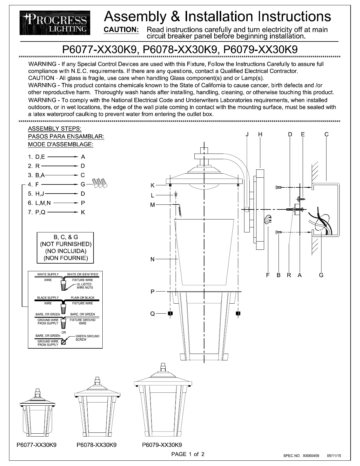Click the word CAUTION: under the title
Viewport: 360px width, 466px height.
(x=121, y=30)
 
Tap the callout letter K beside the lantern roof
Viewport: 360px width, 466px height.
(x=152, y=185)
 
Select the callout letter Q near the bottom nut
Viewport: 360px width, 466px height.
(x=152, y=314)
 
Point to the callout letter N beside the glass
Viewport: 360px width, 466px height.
(x=152, y=259)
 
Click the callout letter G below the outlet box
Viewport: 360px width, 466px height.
(x=321, y=275)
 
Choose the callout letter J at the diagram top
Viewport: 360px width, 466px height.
(x=247, y=134)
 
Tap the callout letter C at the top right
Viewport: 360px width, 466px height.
(x=326, y=134)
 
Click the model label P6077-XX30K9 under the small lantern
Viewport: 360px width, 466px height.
(x=36, y=445)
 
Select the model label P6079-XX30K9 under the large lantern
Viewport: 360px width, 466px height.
(x=162, y=445)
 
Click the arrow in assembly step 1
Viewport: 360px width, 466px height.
(x=62, y=157)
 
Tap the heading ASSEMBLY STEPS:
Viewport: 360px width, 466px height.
(x=55, y=129)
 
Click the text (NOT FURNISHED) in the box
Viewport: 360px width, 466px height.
(x=66, y=244)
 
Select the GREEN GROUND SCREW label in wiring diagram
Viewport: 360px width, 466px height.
(x=87, y=338)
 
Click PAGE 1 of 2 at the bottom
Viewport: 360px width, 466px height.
(x=188, y=454)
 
